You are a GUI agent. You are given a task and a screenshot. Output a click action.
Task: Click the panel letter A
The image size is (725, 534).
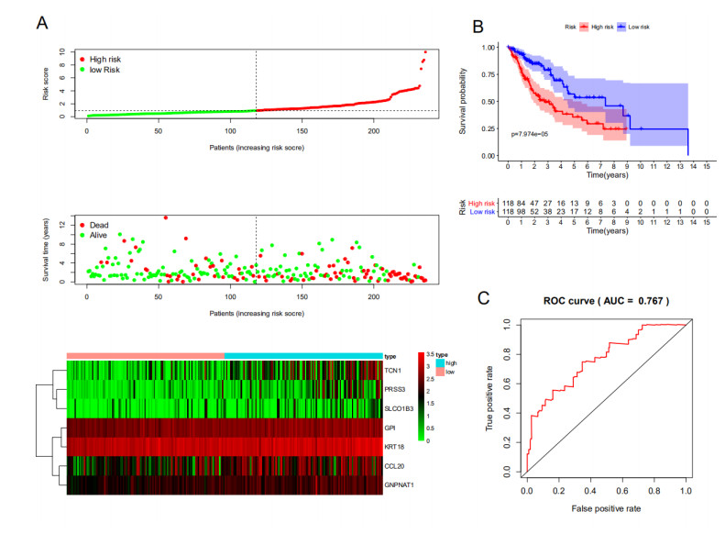click(x=41, y=20)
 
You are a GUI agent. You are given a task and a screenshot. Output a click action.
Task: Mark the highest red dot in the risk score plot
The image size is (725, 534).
click(x=425, y=52)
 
